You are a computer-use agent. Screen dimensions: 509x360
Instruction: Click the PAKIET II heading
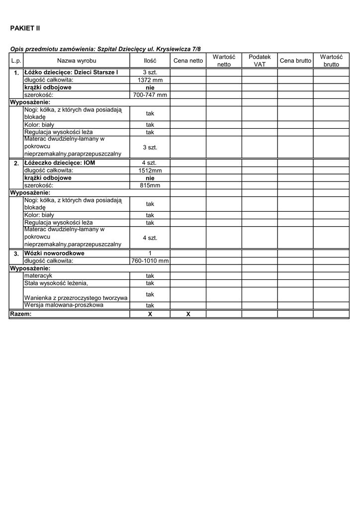(25, 28)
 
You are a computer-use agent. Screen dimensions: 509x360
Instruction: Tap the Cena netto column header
(188, 61)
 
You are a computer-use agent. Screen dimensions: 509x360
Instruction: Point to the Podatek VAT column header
(260, 61)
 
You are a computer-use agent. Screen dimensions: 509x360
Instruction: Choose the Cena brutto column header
(295, 61)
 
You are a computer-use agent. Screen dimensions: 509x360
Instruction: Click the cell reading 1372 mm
(150, 80)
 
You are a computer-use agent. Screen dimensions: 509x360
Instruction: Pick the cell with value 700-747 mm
(150, 95)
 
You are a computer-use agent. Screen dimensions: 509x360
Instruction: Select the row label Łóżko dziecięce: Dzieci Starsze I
(71, 73)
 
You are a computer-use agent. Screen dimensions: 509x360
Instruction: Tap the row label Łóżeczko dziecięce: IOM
(59, 163)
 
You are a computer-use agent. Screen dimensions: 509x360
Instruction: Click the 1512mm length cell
(150, 170)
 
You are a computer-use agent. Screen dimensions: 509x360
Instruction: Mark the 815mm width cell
(150, 185)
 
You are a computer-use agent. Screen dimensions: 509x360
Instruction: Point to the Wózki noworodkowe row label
(54, 253)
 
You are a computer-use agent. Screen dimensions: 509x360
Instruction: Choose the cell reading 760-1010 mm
(150, 260)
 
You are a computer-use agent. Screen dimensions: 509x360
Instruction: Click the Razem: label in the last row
(21, 314)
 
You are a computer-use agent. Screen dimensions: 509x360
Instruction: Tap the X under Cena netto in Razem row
(188, 314)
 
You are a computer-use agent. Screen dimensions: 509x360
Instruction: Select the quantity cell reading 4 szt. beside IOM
(150, 163)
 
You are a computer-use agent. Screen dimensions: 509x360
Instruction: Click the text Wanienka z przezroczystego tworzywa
(76, 298)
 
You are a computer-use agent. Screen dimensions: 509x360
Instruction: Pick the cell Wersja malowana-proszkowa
(64, 305)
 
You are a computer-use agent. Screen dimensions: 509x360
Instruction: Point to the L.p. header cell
(16, 61)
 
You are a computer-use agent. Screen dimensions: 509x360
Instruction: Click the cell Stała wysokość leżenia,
(56, 283)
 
